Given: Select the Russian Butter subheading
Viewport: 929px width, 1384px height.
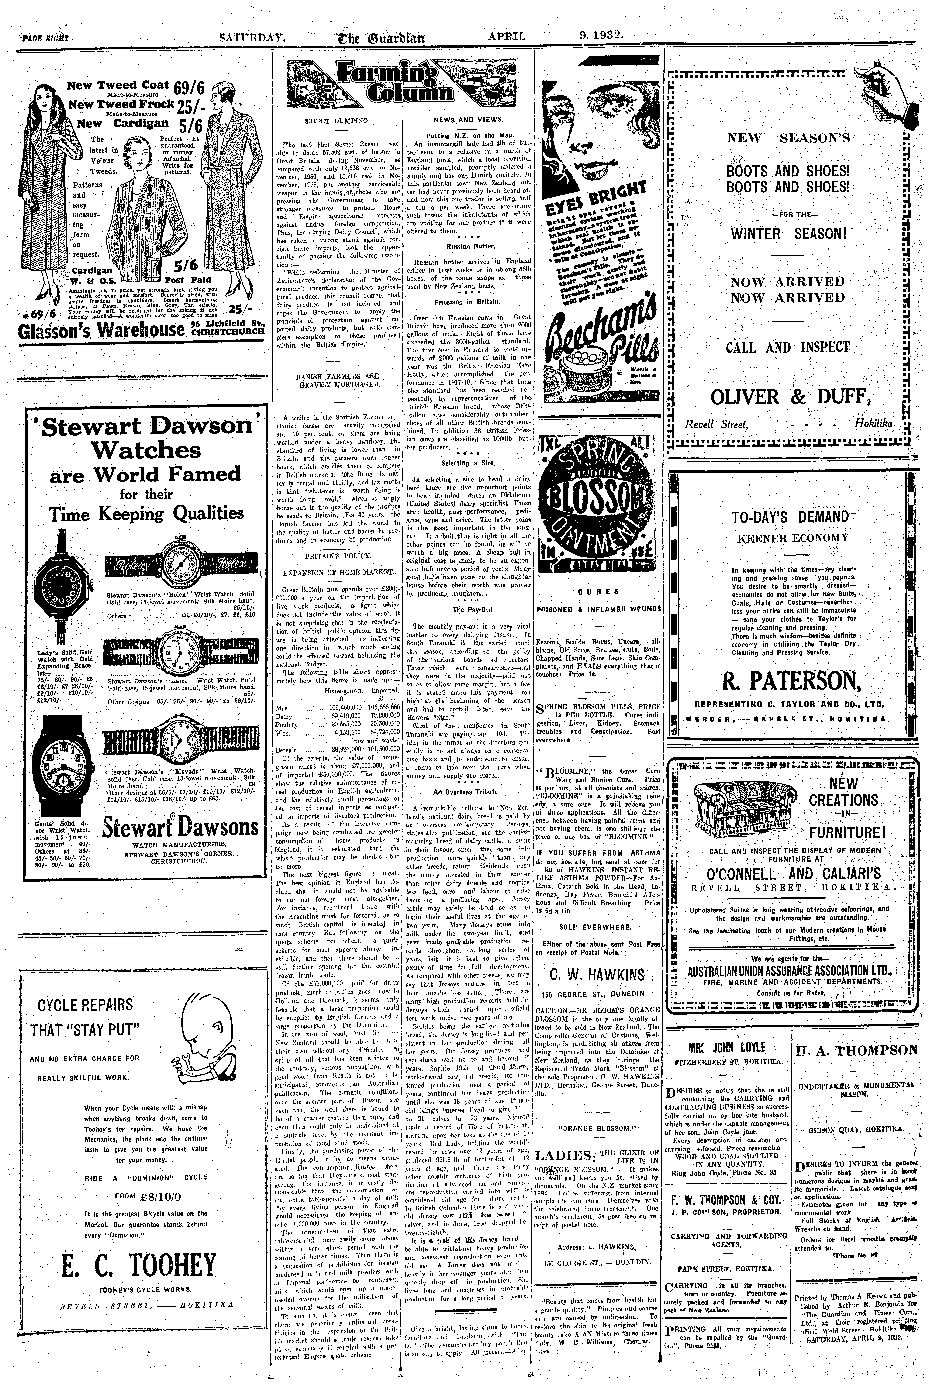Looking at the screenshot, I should [x=468, y=245].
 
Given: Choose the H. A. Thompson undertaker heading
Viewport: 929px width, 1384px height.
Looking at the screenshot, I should [x=856, y=1051].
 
